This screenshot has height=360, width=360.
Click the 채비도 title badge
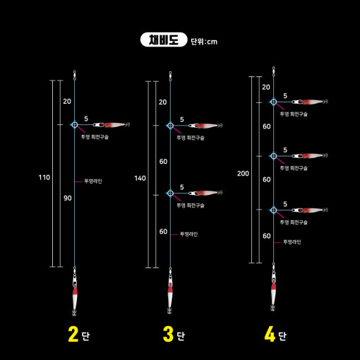click(x=164, y=40)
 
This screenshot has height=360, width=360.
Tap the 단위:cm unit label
click(x=204, y=42)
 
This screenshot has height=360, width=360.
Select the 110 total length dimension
click(x=44, y=177)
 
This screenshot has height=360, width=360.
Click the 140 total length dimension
click(x=140, y=178)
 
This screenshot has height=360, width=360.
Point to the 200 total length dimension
click(x=243, y=174)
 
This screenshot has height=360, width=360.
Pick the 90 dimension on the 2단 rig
click(x=68, y=198)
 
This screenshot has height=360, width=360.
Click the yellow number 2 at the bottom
click(x=73, y=334)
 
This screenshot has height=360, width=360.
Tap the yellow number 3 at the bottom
click(x=168, y=334)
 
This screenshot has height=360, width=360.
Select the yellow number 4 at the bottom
click(x=270, y=334)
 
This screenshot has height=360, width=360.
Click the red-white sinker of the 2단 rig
click(x=75, y=298)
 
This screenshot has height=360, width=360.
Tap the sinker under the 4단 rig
click(x=273, y=293)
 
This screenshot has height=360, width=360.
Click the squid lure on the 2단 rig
click(x=115, y=124)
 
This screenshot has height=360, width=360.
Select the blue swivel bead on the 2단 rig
click(x=75, y=125)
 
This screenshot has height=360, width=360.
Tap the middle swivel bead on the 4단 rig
click(x=273, y=156)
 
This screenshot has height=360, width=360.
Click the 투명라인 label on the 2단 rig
click(x=93, y=181)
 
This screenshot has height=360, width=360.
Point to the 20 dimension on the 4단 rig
click(x=266, y=87)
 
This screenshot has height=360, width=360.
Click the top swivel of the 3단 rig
click(x=170, y=76)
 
